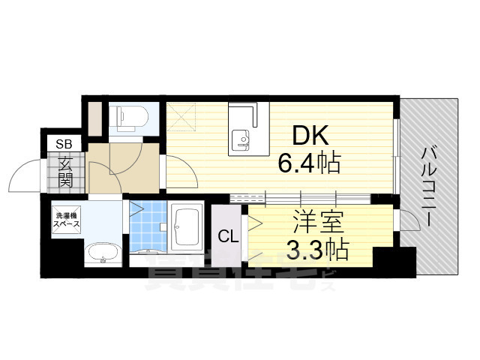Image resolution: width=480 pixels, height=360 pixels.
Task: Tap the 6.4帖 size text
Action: pyautogui.click(x=309, y=163)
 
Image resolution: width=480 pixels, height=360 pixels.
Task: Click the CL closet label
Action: pyautogui.click(x=228, y=237)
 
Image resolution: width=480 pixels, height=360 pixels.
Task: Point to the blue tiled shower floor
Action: pyautogui.click(x=147, y=228)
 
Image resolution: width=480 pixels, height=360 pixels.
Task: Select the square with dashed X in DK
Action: pyautogui.click(x=181, y=114)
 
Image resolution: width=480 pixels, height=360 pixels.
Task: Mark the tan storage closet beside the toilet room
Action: pyautogui.click(x=96, y=118)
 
